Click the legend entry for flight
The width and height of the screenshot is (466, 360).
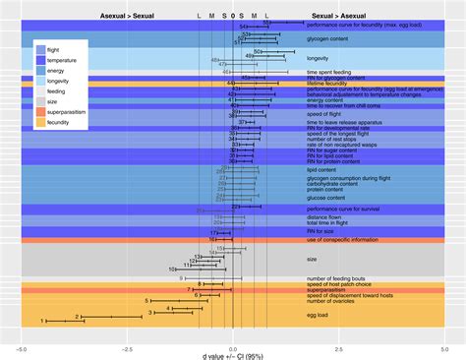pyautogui.click(x=57, y=47)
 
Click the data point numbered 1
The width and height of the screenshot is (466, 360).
pyautogui.click(x=43, y=322)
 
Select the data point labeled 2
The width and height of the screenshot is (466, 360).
pyautogui.click(x=78, y=317)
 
